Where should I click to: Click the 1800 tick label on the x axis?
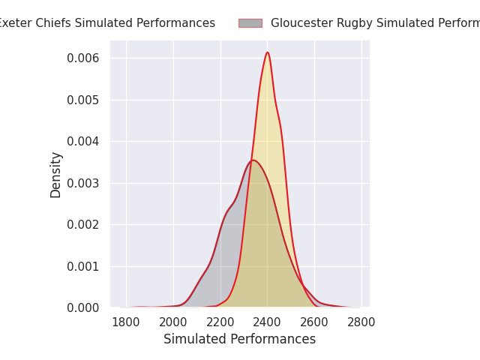(x=126, y=322)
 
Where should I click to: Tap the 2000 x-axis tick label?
(x=173, y=322)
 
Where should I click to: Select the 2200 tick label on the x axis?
(x=220, y=322)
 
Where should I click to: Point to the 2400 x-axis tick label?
(x=268, y=322)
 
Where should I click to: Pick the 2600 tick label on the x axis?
(x=314, y=322)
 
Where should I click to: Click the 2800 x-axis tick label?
(x=361, y=322)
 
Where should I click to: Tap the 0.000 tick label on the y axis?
(x=84, y=308)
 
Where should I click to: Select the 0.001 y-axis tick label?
(x=84, y=266)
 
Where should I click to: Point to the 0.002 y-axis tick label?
(x=84, y=225)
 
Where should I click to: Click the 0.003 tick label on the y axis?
(x=84, y=183)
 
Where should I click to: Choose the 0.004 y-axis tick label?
(x=84, y=142)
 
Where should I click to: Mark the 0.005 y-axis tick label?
(x=84, y=100)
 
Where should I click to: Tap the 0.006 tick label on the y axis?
(x=84, y=58)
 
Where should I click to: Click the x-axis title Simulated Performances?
(x=240, y=340)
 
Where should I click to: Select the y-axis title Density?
(x=56, y=175)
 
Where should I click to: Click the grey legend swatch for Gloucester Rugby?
(x=250, y=23)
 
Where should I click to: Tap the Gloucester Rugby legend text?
(x=375, y=23)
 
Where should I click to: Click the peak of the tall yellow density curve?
(x=267, y=52)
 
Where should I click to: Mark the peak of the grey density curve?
(x=253, y=160)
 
